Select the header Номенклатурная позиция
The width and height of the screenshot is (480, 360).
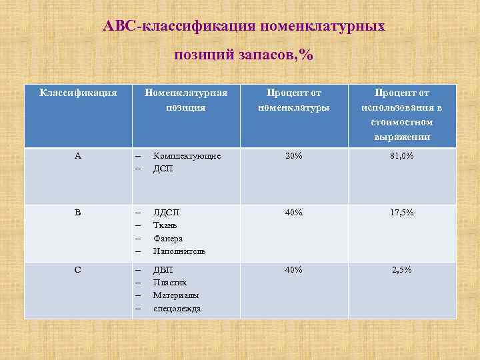click(186, 99)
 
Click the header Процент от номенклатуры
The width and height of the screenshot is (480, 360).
click(294, 99)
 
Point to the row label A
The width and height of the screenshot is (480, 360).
click(78, 155)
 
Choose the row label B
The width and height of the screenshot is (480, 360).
click(78, 212)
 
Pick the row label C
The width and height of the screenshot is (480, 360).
click(78, 269)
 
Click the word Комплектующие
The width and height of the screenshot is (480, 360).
click(187, 155)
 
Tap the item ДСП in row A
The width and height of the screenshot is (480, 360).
click(163, 169)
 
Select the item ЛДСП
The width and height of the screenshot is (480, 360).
click(166, 212)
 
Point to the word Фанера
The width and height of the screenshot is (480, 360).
click(167, 238)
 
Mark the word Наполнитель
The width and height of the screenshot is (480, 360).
click(179, 251)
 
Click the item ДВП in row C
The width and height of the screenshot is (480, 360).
click(163, 269)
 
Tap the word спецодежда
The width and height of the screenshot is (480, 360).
click(177, 309)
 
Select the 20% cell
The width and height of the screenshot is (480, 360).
click(294, 155)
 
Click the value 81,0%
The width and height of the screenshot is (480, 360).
click(402, 155)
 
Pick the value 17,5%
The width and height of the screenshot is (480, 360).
click(402, 212)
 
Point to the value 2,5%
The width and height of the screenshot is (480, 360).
click(402, 269)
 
